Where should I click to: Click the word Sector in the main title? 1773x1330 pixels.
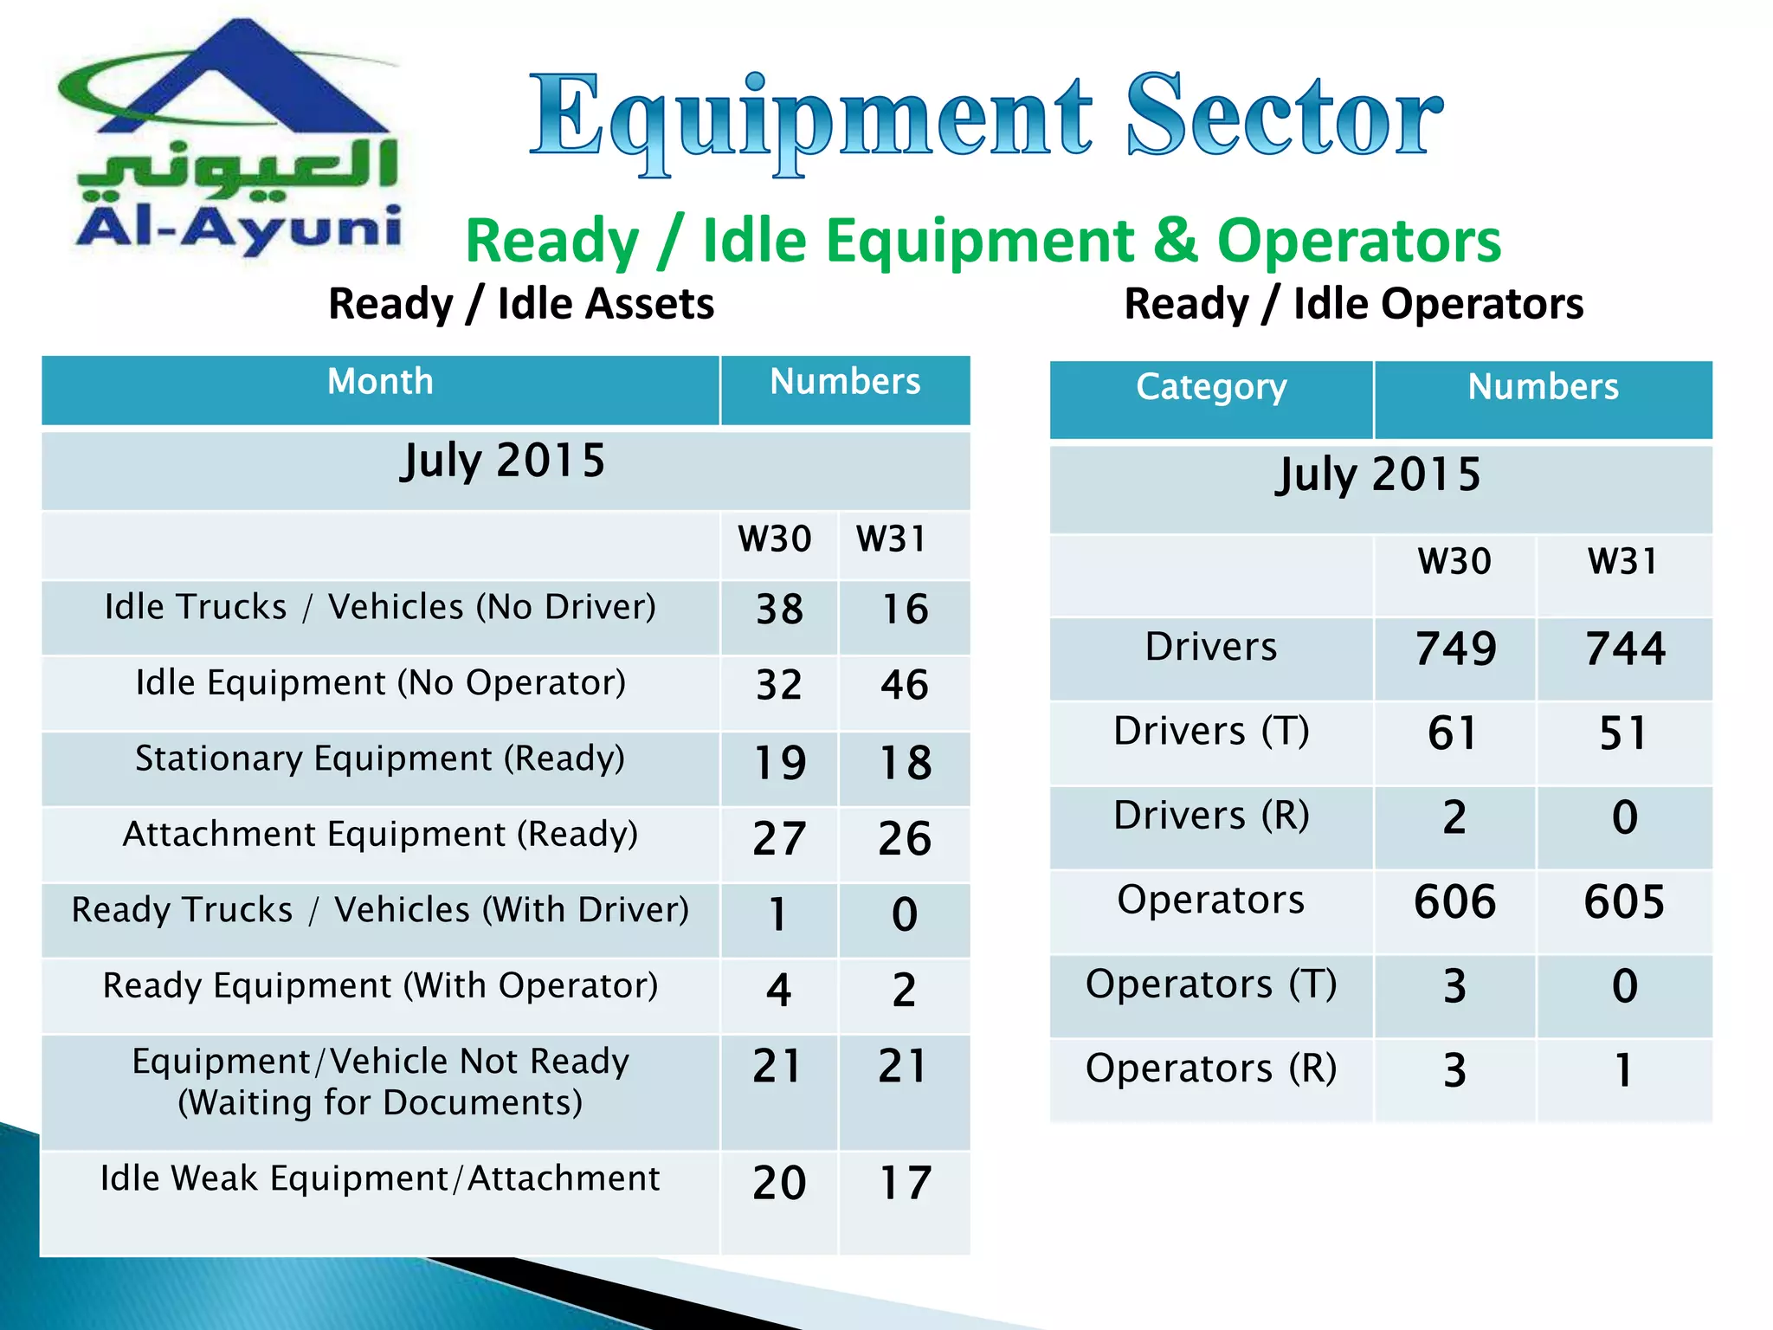(1284, 117)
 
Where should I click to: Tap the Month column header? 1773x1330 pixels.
(380, 382)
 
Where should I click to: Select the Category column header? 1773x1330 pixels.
(1211, 387)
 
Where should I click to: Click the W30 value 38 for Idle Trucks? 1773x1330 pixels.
(779, 609)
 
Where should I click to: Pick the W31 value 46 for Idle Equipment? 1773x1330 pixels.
(905, 685)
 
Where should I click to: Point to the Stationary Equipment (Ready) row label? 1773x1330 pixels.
(380, 759)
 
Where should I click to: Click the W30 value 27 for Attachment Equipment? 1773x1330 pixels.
(779, 838)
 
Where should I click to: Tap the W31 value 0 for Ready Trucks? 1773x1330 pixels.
(905, 914)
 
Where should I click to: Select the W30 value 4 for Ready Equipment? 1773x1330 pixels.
(779, 990)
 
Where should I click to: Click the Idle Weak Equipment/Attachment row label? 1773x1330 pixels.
(380, 1178)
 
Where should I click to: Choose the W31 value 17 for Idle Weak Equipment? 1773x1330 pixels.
(905, 1183)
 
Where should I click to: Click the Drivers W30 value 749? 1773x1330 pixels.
(1455, 649)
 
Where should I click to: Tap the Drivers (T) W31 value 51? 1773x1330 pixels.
(1624, 733)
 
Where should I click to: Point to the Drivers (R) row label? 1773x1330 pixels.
(1211, 816)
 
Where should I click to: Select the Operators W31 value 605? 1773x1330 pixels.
(1624, 901)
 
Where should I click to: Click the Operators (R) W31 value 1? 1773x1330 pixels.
(1624, 1070)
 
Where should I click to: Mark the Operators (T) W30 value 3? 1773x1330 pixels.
(1455, 986)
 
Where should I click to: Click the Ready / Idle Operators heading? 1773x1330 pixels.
(1354, 304)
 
